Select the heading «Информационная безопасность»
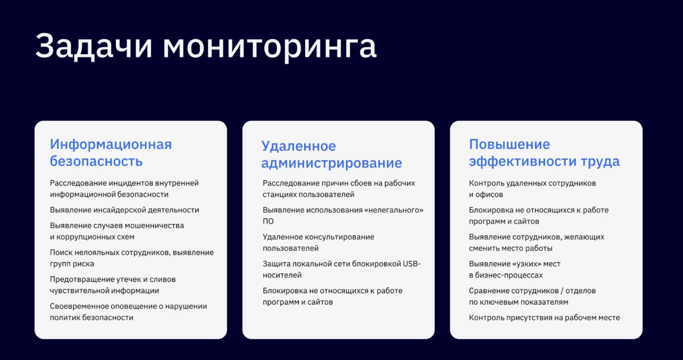tap(111, 153)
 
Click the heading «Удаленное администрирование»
tap(332, 154)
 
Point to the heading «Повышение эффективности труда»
tap(544, 153)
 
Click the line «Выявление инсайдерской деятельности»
tap(124, 210)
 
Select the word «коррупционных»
tap(85, 237)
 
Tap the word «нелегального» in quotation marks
tap(396, 210)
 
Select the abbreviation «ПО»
tap(268, 221)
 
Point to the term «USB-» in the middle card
tap(412, 264)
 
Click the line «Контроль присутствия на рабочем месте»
tap(544, 318)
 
